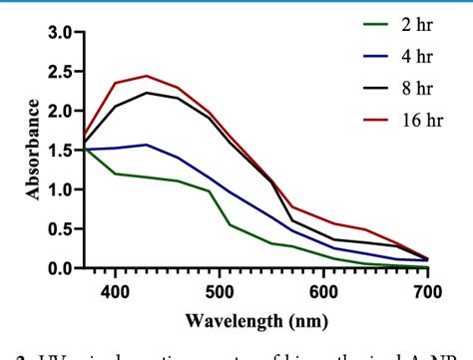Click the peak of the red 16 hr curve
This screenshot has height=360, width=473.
(146, 76)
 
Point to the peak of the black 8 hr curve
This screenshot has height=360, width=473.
(146, 93)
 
